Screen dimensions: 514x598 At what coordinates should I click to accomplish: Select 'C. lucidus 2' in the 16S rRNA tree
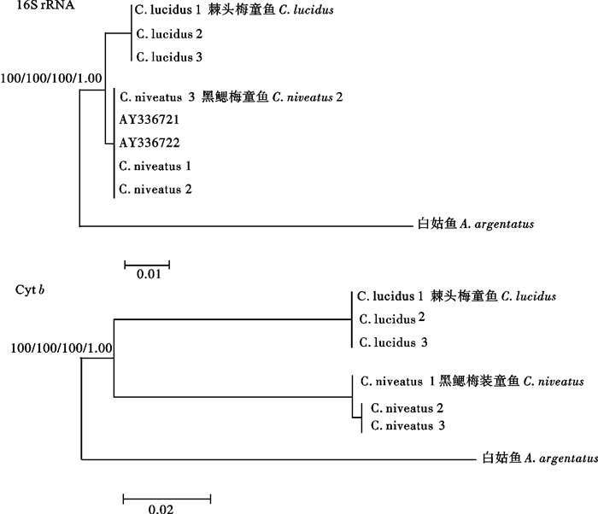pyautogui.click(x=170, y=35)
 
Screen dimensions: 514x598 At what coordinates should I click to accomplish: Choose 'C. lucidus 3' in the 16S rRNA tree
pyautogui.click(x=170, y=56)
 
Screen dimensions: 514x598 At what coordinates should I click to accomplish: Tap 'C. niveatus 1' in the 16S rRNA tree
pyautogui.click(x=155, y=166)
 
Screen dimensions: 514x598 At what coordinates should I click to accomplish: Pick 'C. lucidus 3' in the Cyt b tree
pyautogui.click(x=392, y=342)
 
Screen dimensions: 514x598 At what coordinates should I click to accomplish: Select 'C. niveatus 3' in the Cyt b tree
pyautogui.click(x=405, y=424)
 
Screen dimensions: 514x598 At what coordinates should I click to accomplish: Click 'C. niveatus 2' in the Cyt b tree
pyautogui.click(x=405, y=408)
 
